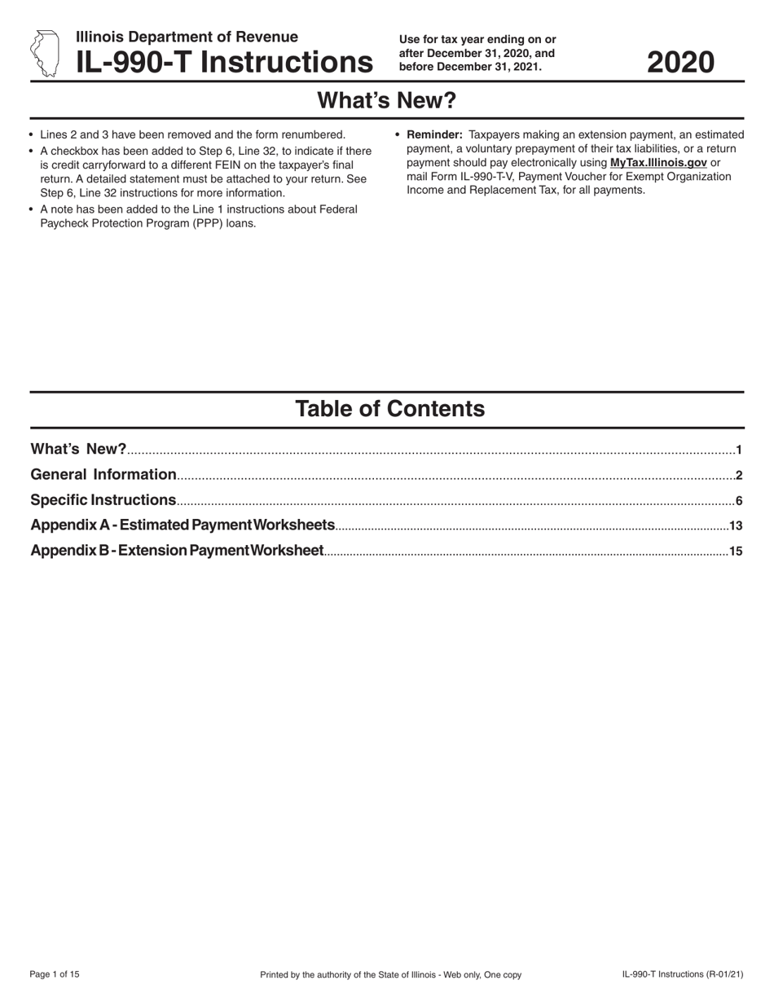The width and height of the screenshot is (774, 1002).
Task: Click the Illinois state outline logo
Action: coord(44,54)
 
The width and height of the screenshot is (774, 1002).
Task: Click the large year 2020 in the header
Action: coord(680,62)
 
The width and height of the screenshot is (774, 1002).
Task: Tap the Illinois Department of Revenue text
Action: coord(187,37)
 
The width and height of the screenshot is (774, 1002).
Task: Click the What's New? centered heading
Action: coord(386,100)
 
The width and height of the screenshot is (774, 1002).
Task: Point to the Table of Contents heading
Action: coord(389,408)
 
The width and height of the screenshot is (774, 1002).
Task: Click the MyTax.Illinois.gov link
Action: coord(658,162)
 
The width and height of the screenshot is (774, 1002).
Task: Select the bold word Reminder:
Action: coord(434,134)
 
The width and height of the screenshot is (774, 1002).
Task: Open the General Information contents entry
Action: coord(103,474)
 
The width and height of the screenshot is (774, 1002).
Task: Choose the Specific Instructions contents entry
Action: coord(103,499)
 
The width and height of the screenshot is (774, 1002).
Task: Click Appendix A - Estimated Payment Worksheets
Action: coord(183,525)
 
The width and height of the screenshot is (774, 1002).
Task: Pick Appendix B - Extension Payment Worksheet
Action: coord(177,550)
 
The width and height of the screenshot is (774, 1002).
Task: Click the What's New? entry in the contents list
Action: coord(78,449)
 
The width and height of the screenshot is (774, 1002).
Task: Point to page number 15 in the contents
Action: coord(736,552)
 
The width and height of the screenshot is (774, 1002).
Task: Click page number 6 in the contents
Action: coord(738,501)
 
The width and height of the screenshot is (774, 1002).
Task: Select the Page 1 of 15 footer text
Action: coord(55,974)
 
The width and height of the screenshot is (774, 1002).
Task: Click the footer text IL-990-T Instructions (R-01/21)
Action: coord(683,974)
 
